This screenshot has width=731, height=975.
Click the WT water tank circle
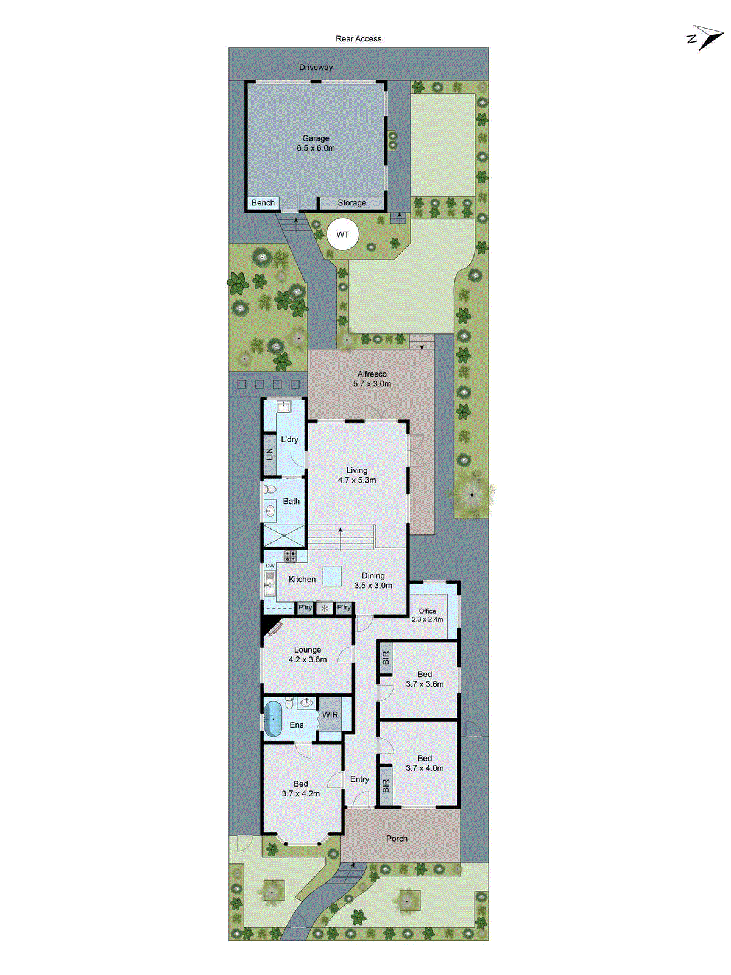tap(342, 235)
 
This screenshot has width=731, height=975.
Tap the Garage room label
tap(316, 143)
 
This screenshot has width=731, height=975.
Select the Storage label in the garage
tap(351, 203)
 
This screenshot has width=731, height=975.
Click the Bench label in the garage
tap(263, 203)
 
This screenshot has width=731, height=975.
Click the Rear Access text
tap(358, 39)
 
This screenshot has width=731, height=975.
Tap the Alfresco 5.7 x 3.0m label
tap(372, 379)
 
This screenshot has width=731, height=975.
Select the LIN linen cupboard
tap(269, 454)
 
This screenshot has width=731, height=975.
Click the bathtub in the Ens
tap(273, 719)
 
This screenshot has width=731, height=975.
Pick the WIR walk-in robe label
tap(330, 715)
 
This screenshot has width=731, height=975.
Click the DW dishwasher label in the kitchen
tap(270, 565)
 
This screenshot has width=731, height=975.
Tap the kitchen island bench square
tap(331, 576)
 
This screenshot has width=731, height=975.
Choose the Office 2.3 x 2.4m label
tap(427, 615)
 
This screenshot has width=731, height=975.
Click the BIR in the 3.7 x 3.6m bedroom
tap(385, 658)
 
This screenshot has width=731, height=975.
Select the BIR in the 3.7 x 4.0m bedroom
tap(385, 786)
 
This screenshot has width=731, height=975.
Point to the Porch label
tap(397, 838)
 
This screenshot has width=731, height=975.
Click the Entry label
tap(359, 779)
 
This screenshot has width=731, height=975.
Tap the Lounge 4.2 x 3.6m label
tap(308, 654)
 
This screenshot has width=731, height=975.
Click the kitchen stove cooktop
tap(291, 556)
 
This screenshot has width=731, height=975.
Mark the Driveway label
tap(316, 68)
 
